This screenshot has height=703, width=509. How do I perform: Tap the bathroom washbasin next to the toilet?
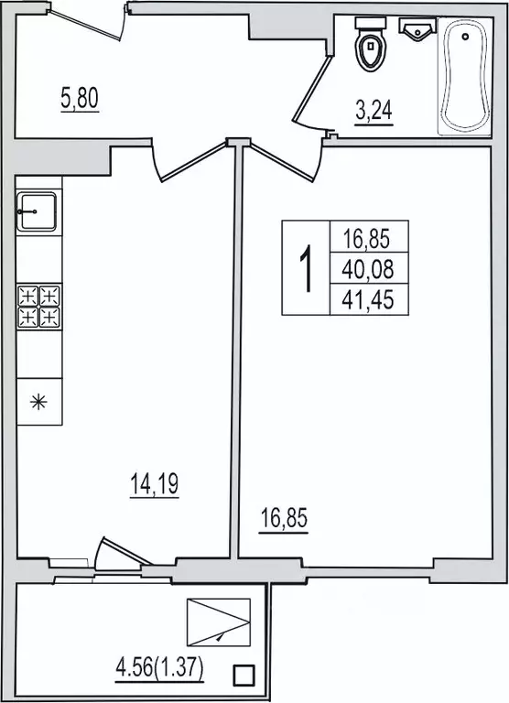[x=418, y=29]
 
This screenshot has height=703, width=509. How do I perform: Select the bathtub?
[x=465, y=76]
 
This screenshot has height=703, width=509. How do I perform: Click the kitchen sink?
[x=37, y=211]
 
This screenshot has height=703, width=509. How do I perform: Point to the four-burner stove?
[x=39, y=307]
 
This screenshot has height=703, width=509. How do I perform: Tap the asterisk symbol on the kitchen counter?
[x=38, y=401]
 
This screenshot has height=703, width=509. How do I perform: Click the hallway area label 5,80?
[x=80, y=99]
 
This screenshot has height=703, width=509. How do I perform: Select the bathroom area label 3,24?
[x=374, y=111]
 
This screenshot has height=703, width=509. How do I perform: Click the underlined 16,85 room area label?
[x=284, y=519]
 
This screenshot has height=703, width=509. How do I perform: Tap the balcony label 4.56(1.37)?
[x=160, y=669]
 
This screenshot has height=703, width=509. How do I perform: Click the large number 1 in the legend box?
[x=307, y=268]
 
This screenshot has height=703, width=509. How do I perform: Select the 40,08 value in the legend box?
[x=368, y=268]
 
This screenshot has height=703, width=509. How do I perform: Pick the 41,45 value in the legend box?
[x=368, y=299]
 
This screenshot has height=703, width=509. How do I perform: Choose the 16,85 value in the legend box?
[x=367, y=238]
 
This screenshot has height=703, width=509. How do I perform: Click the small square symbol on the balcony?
[x=244, y=675]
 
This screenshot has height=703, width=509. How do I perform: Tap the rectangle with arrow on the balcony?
[x=219, y=622]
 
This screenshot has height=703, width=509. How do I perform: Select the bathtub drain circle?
[x=465, y=36]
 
